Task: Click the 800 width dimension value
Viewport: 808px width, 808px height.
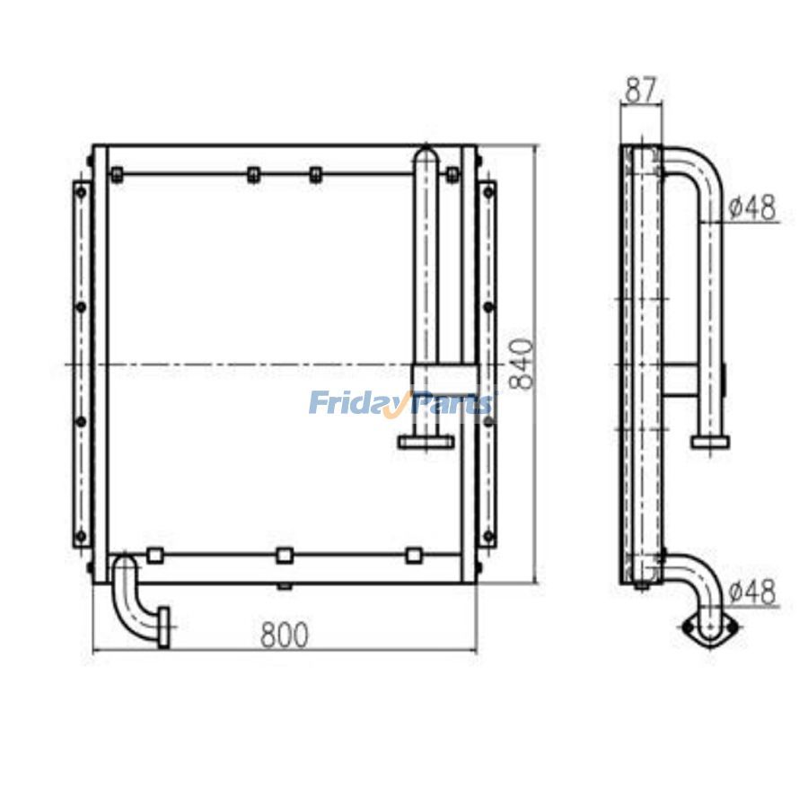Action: coord(285,635)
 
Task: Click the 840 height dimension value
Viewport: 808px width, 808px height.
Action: coord(521,364)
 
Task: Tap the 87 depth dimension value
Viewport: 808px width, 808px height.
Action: coord(641,90)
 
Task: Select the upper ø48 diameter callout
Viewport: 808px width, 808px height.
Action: coord(753,207)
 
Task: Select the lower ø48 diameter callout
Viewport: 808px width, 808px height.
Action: coord(753,592)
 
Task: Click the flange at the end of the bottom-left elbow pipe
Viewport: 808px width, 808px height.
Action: coord(164,628)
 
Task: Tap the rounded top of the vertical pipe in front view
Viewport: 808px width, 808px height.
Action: coord(426,154)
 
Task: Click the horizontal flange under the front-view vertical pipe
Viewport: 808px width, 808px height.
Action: coord(426,442)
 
